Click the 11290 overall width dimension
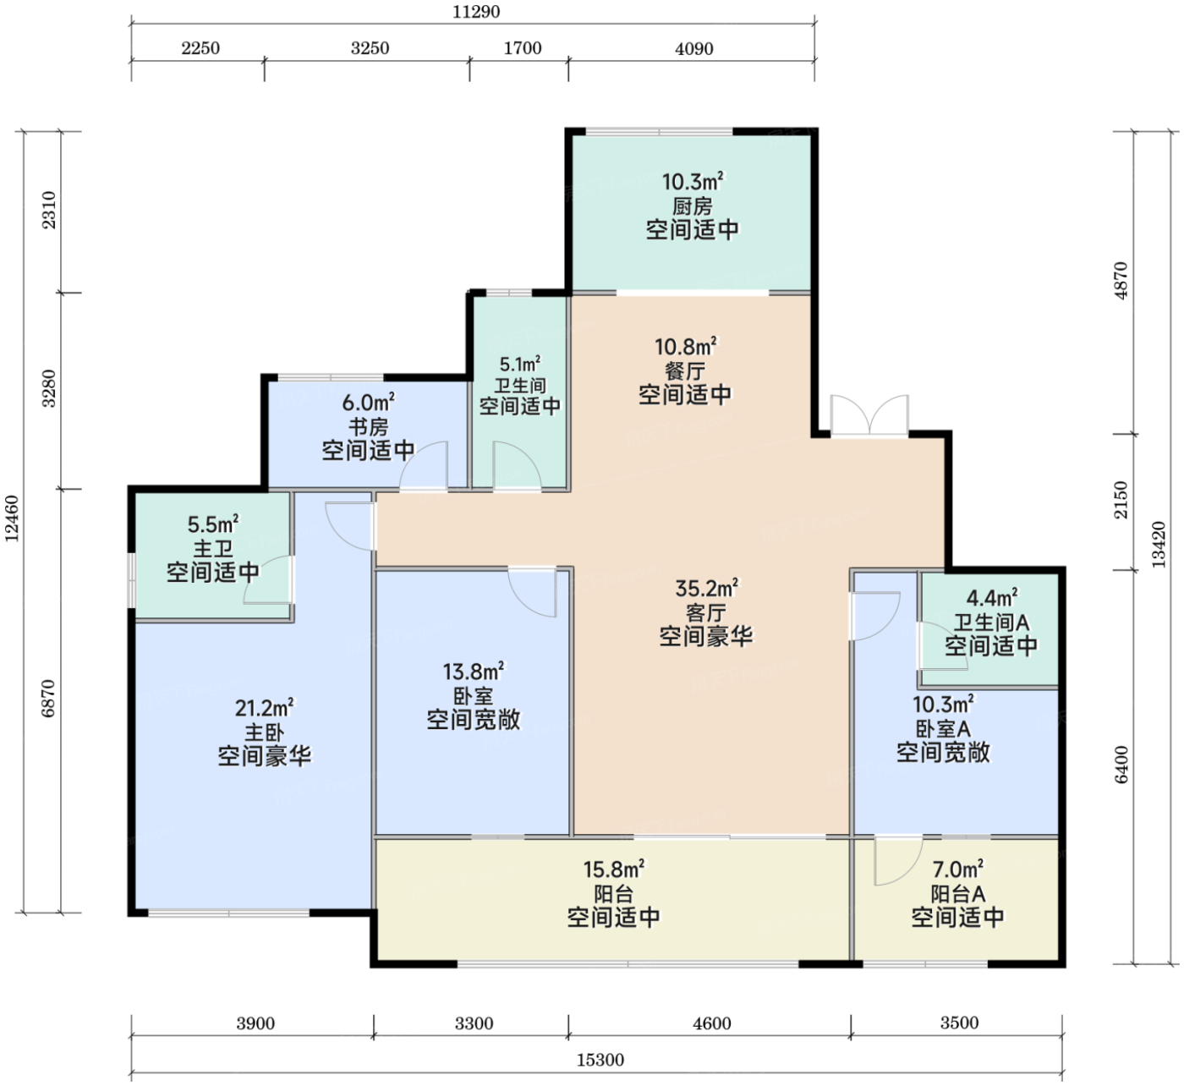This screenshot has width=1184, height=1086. click(476, 12)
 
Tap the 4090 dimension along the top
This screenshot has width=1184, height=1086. click(694, 48)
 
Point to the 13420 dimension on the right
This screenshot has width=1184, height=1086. click(1159, 545)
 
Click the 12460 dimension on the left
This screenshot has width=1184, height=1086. click(12, 518)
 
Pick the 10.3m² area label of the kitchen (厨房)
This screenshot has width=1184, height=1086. click(693, 181)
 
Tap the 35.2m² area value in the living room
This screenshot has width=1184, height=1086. click(706, 588)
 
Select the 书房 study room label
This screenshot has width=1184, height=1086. click(368, 426)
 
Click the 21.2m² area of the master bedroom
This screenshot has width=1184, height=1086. click(265, 707)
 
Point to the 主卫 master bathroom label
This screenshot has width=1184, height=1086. click(213, 549)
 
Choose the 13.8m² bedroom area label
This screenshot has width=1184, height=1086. click(474, 672)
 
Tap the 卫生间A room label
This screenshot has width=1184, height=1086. click(991, 622)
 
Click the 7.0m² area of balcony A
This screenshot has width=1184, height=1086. click(957, 869)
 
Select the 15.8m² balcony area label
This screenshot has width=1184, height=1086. click(614, 869)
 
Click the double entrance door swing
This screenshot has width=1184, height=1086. click(869, 416)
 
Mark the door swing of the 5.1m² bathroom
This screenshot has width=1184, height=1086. click(517, 465)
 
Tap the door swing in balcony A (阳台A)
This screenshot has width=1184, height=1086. click(898, 860)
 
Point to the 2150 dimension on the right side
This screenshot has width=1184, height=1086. click(1121, 500)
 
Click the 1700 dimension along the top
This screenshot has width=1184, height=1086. click(523, 48)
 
